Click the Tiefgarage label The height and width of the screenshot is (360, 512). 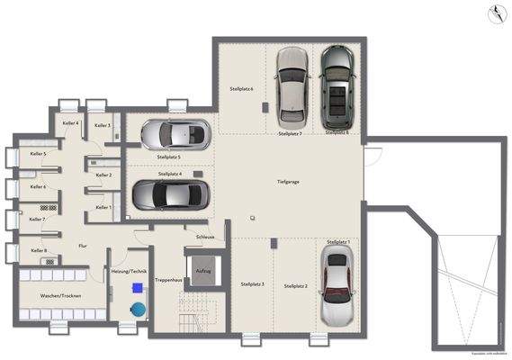click(x=290, y=182)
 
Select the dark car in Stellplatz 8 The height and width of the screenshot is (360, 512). click(x=337, y=86)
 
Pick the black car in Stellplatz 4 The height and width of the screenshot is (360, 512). click(x=170, y=193)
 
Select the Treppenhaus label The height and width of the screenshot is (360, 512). click(x=168, y=280)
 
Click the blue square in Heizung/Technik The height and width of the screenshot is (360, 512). click(x=137, y=288)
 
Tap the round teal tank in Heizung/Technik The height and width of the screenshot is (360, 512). click(x=137, y=309)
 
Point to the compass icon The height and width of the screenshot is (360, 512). click(x=494, y=13)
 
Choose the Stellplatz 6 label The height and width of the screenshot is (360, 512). click(x=241, y=89)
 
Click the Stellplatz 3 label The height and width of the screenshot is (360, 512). click(x=252, y=284)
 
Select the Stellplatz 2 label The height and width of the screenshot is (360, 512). click(x=295, y=286)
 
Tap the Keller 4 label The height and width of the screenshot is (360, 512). click(x=70, y=123)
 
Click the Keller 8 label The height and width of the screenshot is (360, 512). click(x=39, y=250)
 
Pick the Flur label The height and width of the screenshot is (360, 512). click(x=83, y=245)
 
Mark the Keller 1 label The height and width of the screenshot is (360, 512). click(x=103, y=207)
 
